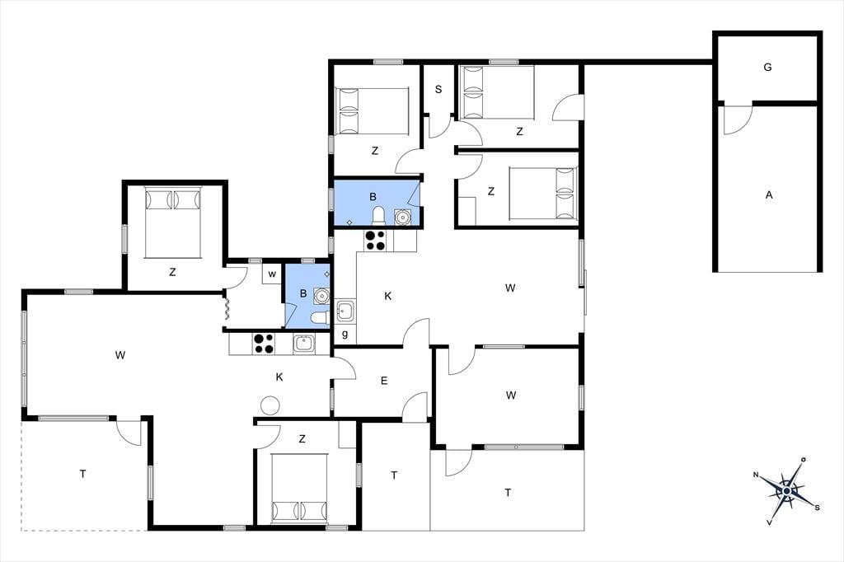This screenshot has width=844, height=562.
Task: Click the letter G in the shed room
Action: (x=767, y=68)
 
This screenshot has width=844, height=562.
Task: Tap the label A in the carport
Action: (x=769, y=194)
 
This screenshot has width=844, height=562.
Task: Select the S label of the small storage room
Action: (x=438, y=89)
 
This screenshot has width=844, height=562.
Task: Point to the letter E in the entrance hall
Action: (x=384, y=382)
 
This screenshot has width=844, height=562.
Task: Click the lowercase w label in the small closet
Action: (x=272, y=274)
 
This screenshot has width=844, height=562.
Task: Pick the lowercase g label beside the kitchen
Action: (x=345, y=334)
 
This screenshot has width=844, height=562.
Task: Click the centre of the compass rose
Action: (x=787, y=491)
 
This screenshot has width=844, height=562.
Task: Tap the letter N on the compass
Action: (x=756, y=475)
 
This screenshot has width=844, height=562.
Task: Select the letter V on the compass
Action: (x=771, y=522)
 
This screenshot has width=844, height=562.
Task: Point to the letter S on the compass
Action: (x=817, y=507)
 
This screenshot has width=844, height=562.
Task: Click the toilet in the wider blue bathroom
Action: (x=379, y=215)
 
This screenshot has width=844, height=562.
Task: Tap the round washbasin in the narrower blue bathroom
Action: (x=321, y=296)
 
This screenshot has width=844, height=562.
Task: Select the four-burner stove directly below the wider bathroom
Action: (x=375, y=240)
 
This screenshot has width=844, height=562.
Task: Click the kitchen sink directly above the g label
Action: (x=345, y=311)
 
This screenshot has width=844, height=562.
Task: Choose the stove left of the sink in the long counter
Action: (x=263, y=344)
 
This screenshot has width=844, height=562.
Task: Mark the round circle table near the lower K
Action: (x=270, y=405)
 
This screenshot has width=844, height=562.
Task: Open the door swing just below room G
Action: (x=738, y=120)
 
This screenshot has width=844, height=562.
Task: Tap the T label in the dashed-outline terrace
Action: (x=82, y=475)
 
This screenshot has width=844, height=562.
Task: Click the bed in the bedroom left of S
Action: (x=372, y=111)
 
